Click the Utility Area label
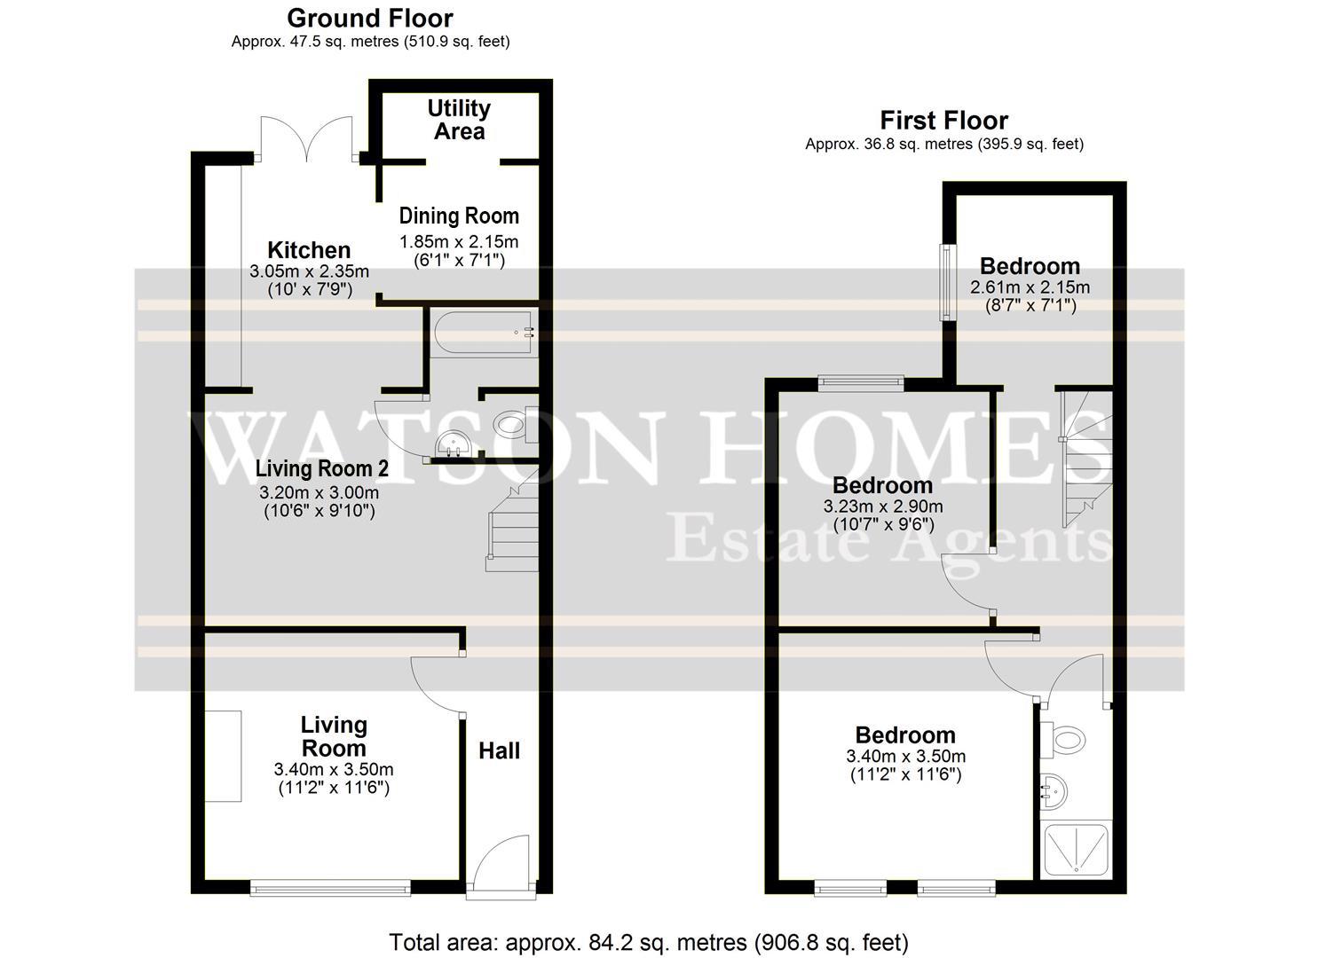click(x=458, y=120)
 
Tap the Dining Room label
click(x=458, y=216)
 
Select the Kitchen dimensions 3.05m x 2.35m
click(x=309, y=271)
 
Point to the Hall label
click(x=499, y=751)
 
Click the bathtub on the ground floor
click(x=484, y=334)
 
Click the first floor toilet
click(x=1065, y=738)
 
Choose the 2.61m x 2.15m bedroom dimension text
click(x=1030, y=287)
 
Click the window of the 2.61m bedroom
click(x=947, y=282)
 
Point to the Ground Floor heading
click(x=370, y=18)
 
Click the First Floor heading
click(x=943, y=120)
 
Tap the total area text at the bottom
click(x=649, y=941)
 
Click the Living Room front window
click(x=330, y=886)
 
